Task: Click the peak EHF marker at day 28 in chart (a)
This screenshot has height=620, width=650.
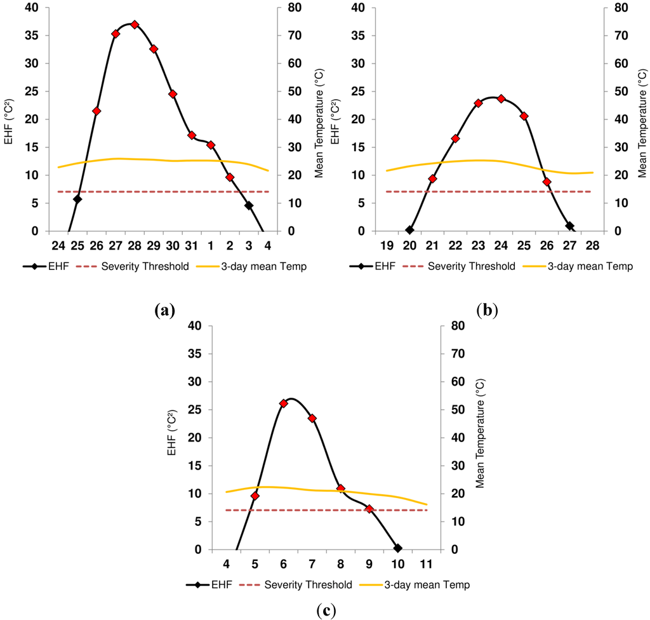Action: [135, 25]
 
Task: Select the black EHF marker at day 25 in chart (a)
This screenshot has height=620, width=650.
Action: [77, 199]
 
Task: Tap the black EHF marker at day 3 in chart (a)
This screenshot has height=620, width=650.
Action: [249, 205]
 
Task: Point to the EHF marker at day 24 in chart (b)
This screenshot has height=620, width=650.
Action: [501, 98]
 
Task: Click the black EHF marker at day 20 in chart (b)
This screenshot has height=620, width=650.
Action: [409, 230]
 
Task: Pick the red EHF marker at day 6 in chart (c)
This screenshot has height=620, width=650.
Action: [284, 403]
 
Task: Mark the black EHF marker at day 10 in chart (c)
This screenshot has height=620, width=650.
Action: [397, 548]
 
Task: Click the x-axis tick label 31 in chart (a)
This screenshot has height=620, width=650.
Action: [191, 246]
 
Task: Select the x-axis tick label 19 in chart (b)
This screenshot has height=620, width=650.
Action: [387, 246]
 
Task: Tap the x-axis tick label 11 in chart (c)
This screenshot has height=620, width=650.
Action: [426, 564]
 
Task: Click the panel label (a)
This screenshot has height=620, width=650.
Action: [164, 311]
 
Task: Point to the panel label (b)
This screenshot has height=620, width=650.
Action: [487, 311]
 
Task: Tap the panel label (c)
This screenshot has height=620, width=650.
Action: [326, 610]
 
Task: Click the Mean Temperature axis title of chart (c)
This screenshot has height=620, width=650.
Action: [480, 438]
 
